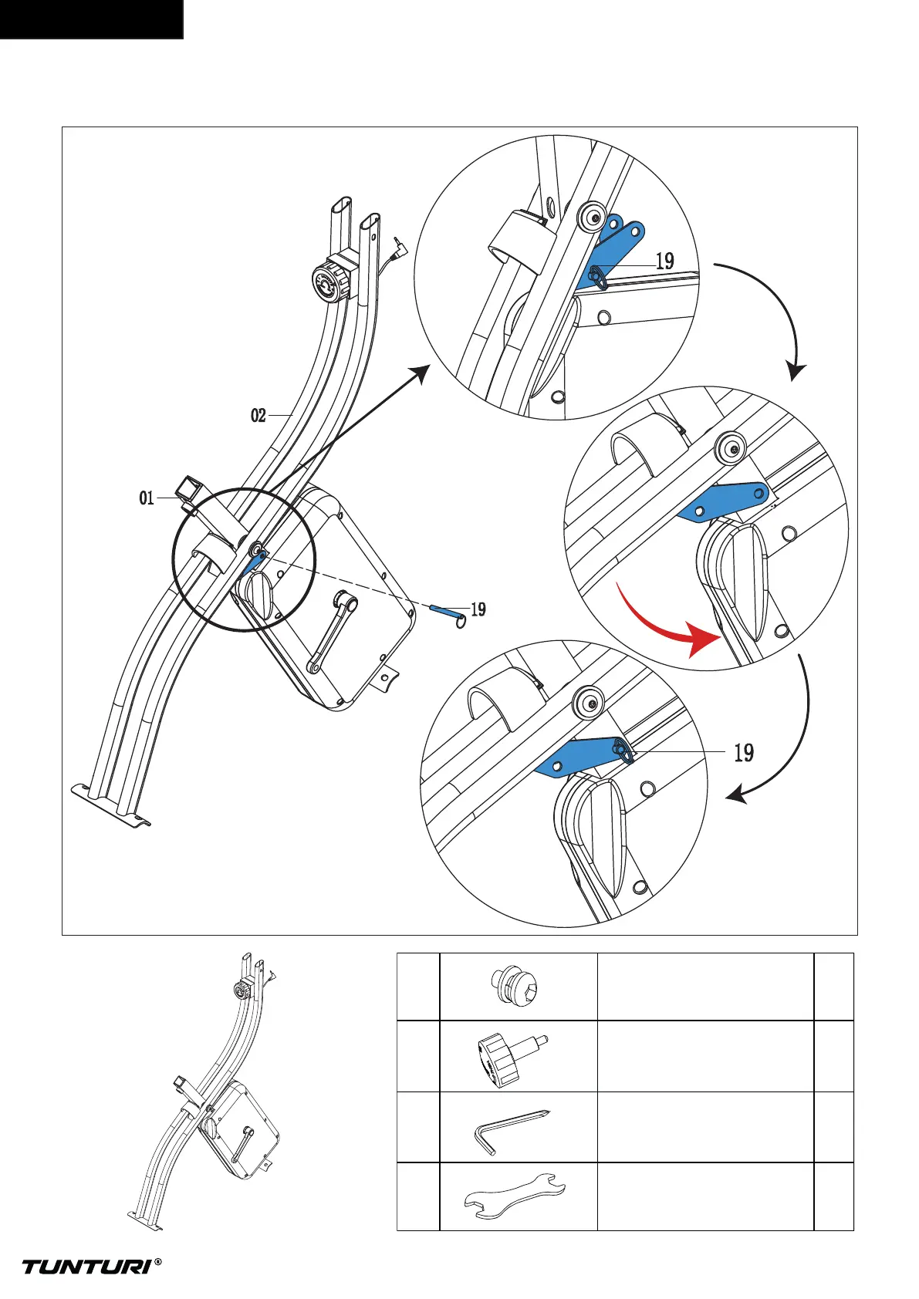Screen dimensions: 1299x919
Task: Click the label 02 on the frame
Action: coord(258,416)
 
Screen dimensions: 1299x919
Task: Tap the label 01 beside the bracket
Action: coord(147,498)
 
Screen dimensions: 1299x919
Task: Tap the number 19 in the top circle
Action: coord(664,261)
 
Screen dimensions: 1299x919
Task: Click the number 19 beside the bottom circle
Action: coord(743,752)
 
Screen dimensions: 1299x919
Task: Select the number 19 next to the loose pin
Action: coord(478,609)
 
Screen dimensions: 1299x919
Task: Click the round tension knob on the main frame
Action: coord(329,282)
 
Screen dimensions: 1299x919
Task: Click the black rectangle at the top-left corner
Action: coord(91,19)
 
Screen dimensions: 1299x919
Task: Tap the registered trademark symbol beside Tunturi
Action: coord(158,1262)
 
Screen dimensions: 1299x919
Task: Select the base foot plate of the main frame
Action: coord(110,803)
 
